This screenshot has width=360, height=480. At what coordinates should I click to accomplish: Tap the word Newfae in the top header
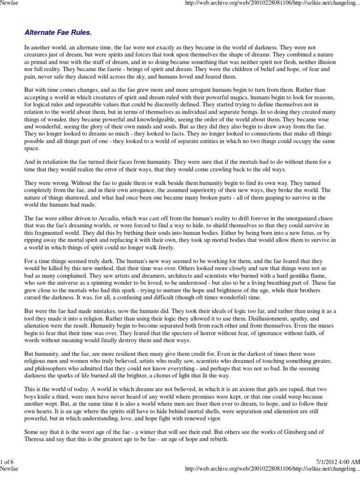click(x=10, y=4)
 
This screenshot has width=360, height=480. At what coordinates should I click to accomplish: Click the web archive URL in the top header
click(x=272, y=4)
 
